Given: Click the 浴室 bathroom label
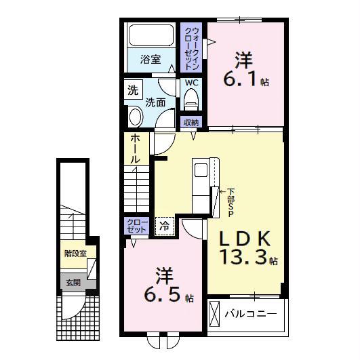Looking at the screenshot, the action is (x=151, y=60).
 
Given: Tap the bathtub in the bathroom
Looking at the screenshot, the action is (x=151, y=35).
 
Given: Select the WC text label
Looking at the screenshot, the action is (x=192, y=83).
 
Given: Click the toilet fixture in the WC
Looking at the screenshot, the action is (x=191, y=100).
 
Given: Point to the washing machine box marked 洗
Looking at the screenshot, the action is (x=134, y=89).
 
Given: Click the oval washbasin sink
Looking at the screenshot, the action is (x=136, y=117).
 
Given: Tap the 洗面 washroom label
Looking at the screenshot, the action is (x=155, y=102).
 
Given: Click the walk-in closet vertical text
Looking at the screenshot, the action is (x=192, y=49).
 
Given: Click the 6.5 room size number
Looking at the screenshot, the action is (x=161, y=294).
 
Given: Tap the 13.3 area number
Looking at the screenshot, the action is (x=244, y=256).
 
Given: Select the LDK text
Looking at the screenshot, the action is (x=245, y=239).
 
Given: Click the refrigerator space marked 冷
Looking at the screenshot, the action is (x=165, y=226).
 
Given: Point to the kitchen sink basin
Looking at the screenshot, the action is (x=201, y=170).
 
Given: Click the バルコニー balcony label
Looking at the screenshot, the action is (x=251, y=314).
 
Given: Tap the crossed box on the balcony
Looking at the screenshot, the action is (x=214, y=314).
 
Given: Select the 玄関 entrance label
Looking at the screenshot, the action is (x=73, y=283).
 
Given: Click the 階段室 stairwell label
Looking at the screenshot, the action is (x=75, y=254).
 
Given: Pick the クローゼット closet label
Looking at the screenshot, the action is (x=137, y=226).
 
